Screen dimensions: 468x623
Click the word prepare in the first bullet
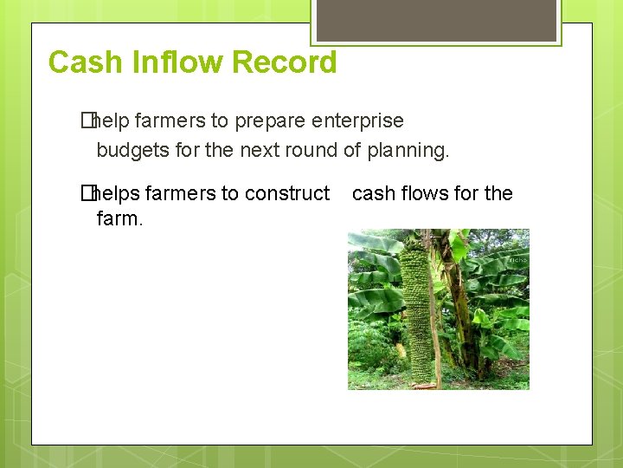[x=258, y=120]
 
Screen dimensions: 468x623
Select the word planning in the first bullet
[x=408, y=150]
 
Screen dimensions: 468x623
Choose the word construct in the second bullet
[x=286, y=193]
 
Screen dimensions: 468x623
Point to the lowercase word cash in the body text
[x=373, y=193]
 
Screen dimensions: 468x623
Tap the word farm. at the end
[x=119, y=218]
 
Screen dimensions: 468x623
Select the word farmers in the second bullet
[x=183, y=193]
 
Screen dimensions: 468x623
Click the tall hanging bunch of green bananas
[x=421, y=303]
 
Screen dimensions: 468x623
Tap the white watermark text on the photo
[x=517, y=259]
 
